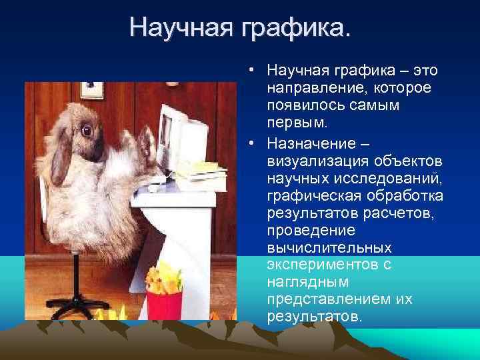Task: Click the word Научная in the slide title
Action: click(180, 27)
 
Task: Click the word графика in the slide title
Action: click(293, 27)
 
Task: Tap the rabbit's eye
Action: click(86, 130)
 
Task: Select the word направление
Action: click(305, 88)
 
